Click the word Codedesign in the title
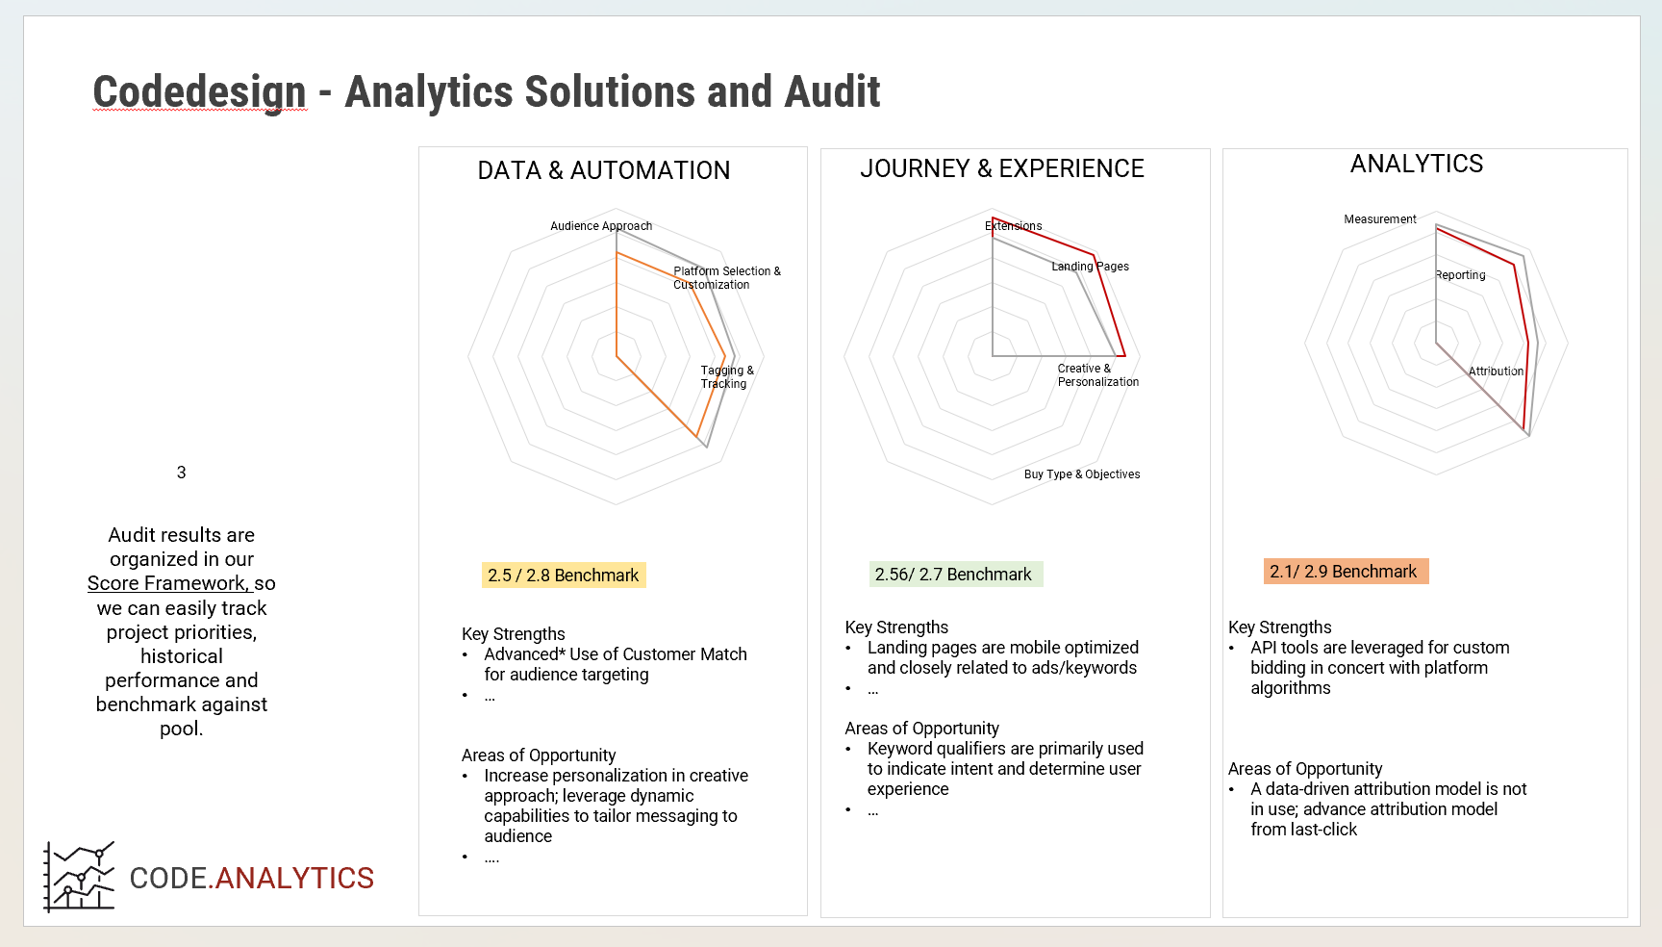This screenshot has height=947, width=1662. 199,92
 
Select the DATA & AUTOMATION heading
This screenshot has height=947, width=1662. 604,170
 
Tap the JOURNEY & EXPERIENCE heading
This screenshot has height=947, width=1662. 1002,168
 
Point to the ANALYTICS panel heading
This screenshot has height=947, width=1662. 1417,164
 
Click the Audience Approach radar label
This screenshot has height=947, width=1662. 601,226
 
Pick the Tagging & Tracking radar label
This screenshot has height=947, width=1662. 727,377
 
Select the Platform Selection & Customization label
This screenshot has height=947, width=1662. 727,278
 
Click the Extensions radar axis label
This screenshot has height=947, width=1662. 1014,226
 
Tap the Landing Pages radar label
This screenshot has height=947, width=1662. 1090,267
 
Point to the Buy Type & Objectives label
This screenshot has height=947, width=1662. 1082,474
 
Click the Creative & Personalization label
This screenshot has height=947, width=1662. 1098,375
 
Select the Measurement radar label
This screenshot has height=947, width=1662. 1380,219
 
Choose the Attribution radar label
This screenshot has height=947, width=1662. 1496,371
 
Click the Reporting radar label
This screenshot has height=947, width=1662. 1460,275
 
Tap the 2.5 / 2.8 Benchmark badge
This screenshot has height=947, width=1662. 564,576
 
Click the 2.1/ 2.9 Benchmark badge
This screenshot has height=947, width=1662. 1346,572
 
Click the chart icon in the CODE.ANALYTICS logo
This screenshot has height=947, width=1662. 79,877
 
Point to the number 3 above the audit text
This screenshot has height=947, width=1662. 181,473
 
